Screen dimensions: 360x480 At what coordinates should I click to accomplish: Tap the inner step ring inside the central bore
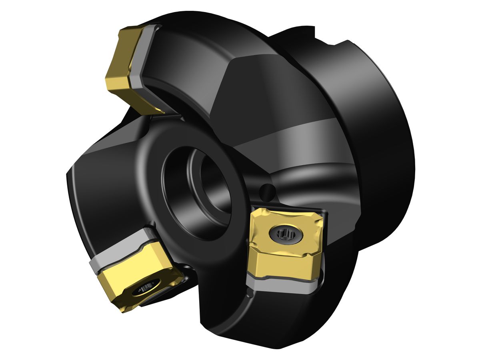(x=216, y=188)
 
